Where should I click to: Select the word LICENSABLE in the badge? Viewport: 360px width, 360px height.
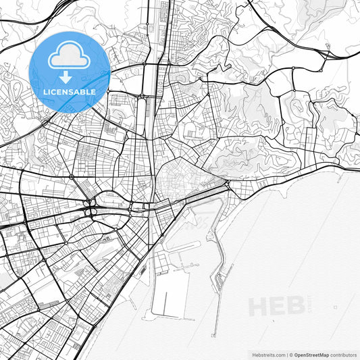click(x=70, y=91)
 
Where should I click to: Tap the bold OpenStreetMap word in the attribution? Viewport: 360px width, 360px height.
click(x=312, y=355)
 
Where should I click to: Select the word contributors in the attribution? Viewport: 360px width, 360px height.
click(x=343, y=355)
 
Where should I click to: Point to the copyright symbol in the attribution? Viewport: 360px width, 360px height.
click(x=291, y=355)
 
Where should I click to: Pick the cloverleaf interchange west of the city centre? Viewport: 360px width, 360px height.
click(x=90, y=207)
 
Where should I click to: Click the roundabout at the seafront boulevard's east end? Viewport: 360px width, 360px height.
click(x=228, y=183)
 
